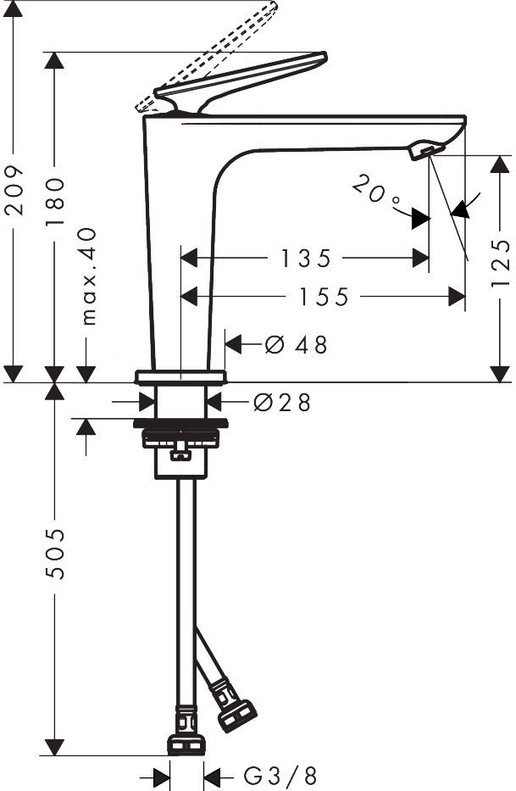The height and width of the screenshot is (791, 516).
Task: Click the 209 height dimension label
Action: tap(14, 190)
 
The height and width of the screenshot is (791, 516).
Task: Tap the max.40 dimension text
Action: tap(88, 276)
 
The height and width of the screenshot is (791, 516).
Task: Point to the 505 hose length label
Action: tap(55, 554)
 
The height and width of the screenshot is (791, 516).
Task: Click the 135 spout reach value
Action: tap(306, 259)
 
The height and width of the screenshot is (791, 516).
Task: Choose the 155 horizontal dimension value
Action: tap(324, 297)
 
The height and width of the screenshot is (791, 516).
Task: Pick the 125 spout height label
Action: tap(502, 263)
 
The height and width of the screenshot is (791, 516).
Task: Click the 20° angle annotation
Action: tap(376, 191)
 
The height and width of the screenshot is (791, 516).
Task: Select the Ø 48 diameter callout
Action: tap(296, 344)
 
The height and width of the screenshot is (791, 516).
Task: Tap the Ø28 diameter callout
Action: tap(282, 402)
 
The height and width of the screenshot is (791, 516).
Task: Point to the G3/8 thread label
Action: tap(280, 775)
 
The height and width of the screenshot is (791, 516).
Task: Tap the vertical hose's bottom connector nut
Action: tap(186, 745)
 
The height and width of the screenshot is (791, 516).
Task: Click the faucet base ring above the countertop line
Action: tap(180, 376)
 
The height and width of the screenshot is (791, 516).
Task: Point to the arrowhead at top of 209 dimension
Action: tap(14, 9)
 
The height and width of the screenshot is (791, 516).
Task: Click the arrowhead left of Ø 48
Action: tap(234, 344)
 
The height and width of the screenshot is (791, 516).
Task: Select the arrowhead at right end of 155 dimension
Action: tap(457, 297)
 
